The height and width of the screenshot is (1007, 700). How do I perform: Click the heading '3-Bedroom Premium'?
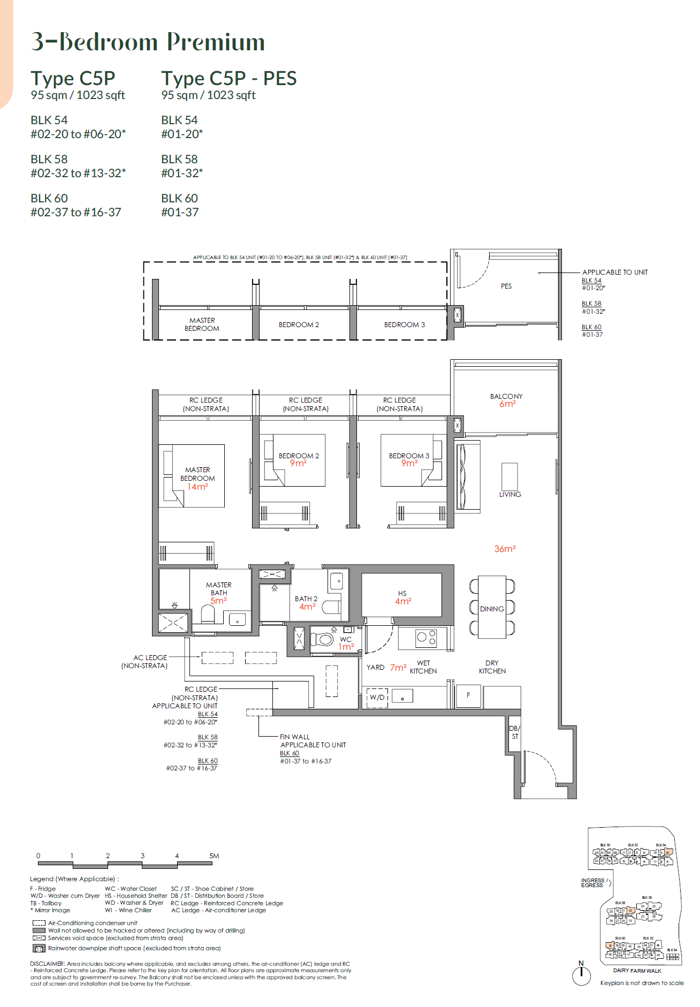coord(148,42)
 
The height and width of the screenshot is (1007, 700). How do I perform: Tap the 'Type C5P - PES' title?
coord(229,79)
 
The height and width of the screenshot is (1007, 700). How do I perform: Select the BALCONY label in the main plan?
coord(506,396)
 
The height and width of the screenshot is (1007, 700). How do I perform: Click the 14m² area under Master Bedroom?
coord(197,487)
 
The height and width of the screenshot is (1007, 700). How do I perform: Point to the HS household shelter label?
coord(402,593)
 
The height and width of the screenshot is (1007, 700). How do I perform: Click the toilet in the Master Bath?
coord(207,614)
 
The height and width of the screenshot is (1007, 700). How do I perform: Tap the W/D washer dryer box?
coord(377,697)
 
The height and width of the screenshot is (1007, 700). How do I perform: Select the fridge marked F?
coord(468,695)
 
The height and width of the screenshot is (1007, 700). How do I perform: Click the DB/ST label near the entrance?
coord(514,732)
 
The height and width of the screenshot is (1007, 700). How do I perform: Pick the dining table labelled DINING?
coord(492,608)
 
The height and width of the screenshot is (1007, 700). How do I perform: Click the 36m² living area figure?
coord(505,549)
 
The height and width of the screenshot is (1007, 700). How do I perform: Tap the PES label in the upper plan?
coord(506,286)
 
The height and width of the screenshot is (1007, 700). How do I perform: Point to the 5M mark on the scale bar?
coord(214,855)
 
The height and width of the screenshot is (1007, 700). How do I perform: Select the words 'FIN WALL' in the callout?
coord(294,737)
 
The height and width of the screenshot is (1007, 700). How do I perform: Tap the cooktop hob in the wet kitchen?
coord(426,637)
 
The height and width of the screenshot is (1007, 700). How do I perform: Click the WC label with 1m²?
coord(346,639)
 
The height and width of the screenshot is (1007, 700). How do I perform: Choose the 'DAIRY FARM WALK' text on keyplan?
coord(637,971)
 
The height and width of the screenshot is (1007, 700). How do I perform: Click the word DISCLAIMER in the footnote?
coord(47,964)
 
